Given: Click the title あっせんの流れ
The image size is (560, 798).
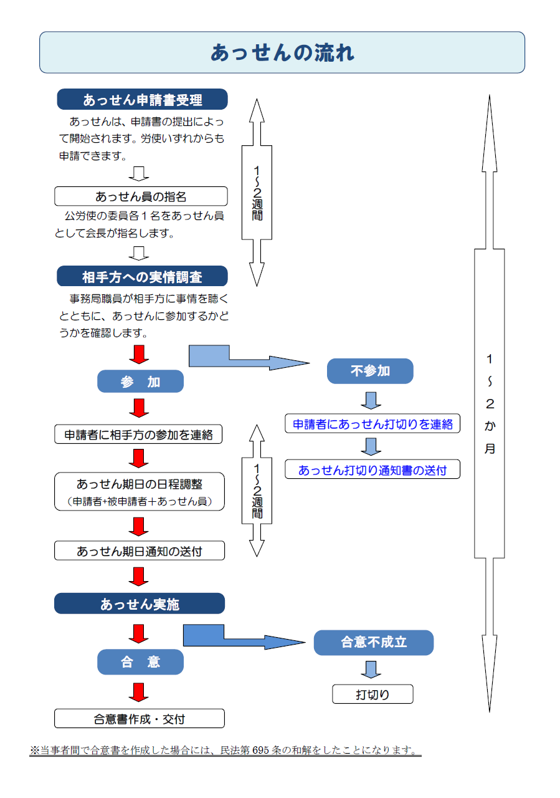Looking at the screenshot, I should pyautogui.click(x=282, y=53).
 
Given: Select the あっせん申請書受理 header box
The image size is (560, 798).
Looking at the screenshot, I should pyautogui.click(x=142, y=100).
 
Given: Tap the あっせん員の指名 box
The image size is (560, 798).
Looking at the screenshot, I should pyautogui.click(x=141, y=196).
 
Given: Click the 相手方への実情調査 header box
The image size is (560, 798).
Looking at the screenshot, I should pyautogui.click(x=142, y=276).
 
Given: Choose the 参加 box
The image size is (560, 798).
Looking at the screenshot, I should pyautogui.click(x=140, y=382).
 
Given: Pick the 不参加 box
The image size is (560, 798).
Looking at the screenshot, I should pyautogui.click(x=370, y=371).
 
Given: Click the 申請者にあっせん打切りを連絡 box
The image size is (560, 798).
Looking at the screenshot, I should pyautogui.click(x=373, y=424).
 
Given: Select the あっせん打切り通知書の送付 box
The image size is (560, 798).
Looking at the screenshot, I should pyautogui.click(x=373, y=469).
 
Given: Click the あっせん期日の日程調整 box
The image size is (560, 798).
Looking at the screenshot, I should pyautogui.click(x=139, y=491).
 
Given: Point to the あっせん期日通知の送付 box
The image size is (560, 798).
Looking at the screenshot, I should pyautogui.click(x=139, y=550).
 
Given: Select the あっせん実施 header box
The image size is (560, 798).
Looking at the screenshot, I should pyautogui.click(x=139, y=603).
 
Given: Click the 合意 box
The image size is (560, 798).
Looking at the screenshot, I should pyautogui.click(x=140, y=662).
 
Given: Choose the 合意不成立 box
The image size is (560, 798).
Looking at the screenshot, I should pyautogui.click(x=373, y=642).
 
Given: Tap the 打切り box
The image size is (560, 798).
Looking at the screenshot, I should pyautogui.click(x=373, y=694).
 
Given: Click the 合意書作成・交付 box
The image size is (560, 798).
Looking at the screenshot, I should pyautogui.click(x=139, y=719).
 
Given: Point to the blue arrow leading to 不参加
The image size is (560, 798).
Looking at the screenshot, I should pyautogui.click(x=249, y=360).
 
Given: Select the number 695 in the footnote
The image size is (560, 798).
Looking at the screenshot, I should pyautogui.click(x=260, y=750).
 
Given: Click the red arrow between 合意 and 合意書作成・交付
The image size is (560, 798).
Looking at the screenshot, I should pyautogui.click(x=139, y=692).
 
